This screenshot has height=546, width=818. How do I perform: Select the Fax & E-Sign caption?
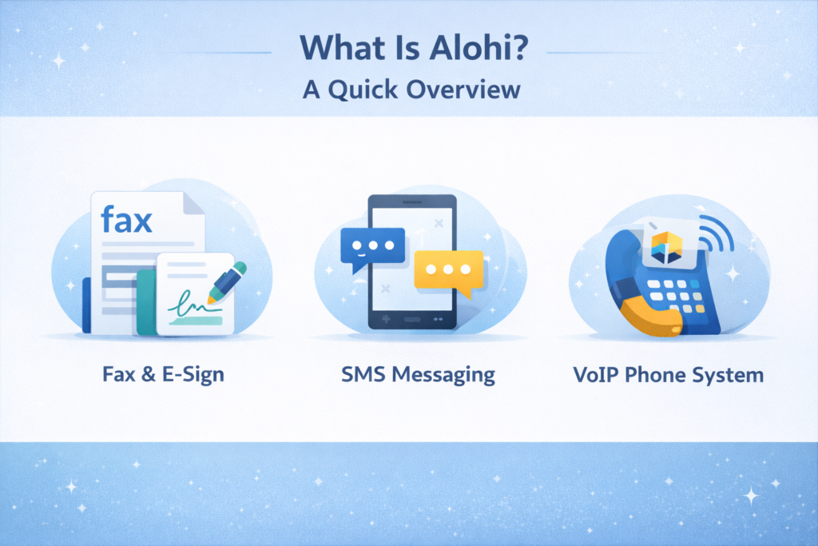[163, 374]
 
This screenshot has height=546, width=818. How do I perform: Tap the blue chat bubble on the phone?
[368, 247]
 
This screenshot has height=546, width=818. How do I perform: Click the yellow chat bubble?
[449, 270]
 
